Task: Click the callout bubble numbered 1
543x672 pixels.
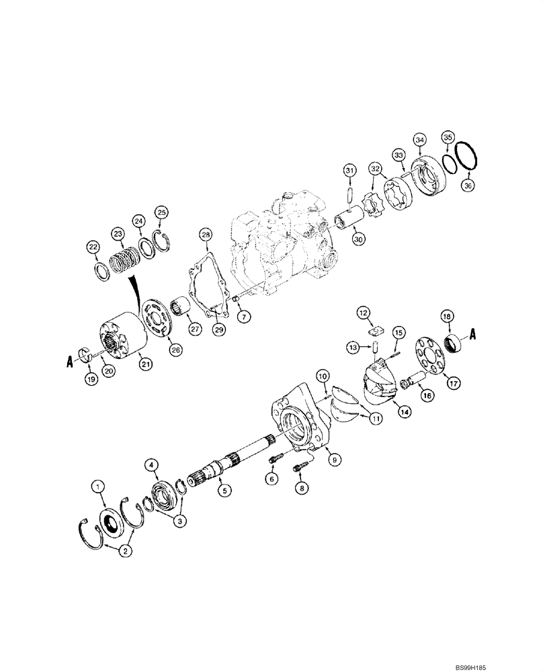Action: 99,485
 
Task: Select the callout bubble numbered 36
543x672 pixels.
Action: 469,185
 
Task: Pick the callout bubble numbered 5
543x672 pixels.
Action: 225,491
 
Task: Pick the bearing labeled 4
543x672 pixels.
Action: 163,493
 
